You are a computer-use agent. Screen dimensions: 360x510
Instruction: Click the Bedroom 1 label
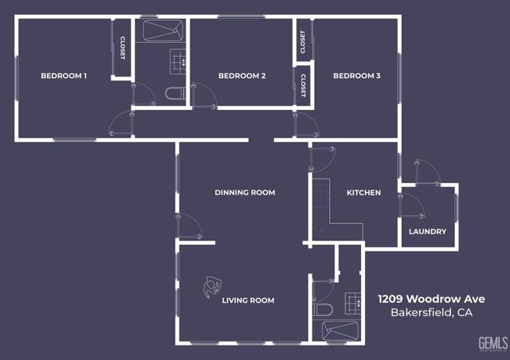[x=64, y=76]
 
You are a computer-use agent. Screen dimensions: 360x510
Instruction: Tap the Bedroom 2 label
[x=241, y=76]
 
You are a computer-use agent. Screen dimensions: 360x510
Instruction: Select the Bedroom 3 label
[x=356, y=76]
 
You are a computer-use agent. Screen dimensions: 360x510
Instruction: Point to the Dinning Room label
[x=245, y=193]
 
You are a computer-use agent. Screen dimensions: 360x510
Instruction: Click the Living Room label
[x=248, y=300]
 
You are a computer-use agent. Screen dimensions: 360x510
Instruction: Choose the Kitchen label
[x=363, y=193]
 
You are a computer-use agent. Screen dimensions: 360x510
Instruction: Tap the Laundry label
[x=427, y=232]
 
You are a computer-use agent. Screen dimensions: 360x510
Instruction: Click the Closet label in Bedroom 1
[x=123, y=49]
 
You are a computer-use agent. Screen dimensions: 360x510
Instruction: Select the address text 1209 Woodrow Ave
[x=431, y=299]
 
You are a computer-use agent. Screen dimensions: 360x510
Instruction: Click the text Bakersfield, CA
[x=431, y=313]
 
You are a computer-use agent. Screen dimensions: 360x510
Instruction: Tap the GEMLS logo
[x=492, y=342]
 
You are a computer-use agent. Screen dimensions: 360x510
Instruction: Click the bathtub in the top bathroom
[x=163, y=32]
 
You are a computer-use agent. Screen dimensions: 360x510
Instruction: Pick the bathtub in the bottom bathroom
[x=341, y=330]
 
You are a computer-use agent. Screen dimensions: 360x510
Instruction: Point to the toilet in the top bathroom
[x=175, y=94]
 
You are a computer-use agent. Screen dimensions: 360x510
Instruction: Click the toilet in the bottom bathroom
[x=324, y=309]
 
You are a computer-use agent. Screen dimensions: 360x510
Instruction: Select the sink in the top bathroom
[x=178, y=58]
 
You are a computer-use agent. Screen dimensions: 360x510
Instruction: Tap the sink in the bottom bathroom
[x=351, y=301]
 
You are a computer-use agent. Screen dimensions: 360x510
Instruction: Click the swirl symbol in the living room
[x=213, y=285]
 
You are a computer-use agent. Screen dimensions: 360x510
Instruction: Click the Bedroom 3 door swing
[x=306, y=125]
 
